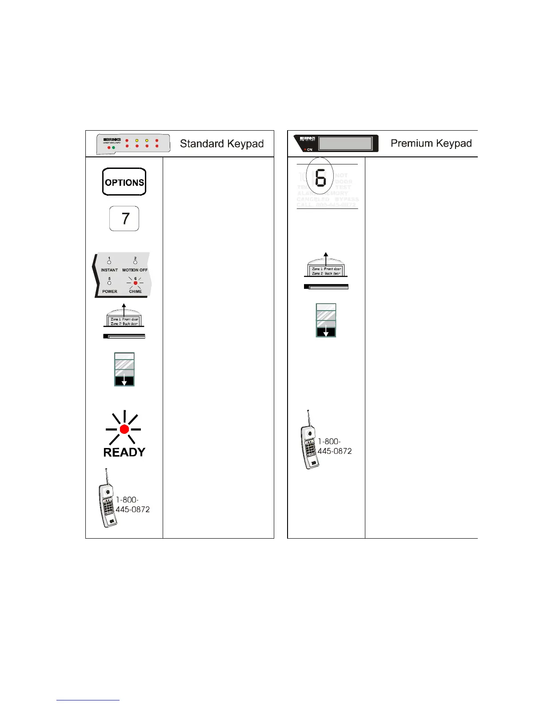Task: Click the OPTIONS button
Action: point(124,182)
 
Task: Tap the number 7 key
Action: point(124,218)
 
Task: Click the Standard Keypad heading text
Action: point(221,144)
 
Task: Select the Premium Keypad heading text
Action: point(431,143)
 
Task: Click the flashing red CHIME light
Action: point(135,283)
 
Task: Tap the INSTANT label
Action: point(109,270)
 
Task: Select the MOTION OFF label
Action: point(135,270)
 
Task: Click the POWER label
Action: point(110,292)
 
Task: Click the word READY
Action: point(124,452)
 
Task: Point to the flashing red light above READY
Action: point(124,429)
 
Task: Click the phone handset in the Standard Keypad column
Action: point(107,500)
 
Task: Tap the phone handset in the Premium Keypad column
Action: point(309,442)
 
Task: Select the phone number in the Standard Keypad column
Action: point(132,504)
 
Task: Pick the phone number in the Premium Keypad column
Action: point(334,446)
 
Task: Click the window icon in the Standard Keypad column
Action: point(124,369)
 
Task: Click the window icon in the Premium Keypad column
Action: point(326,320)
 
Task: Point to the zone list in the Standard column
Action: point(124,321)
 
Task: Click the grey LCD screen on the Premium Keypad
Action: point(345,143)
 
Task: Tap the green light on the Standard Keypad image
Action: point(114,147)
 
